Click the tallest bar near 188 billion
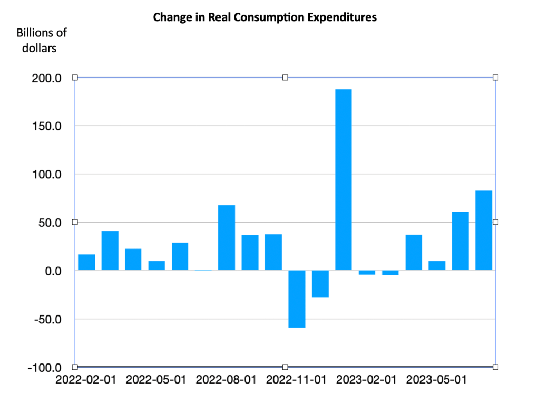click(343, 179)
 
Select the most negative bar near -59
click(297, 299)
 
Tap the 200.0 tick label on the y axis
click(47, 78)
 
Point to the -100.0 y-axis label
click(45, 367)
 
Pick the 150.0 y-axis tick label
click(47, 126)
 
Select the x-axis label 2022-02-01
click(86, 380)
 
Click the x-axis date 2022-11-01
click(296, 380)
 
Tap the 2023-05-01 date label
click(437, 380)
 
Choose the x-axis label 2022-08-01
click(227, 380)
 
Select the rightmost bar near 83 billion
click(483, 231)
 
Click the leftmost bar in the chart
click(86, 262)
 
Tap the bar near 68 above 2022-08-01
click(227, 237)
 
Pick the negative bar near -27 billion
click(320, 284)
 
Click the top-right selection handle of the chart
click(495, 78)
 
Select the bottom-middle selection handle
click(285, 367)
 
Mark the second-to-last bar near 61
click(460, 241)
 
